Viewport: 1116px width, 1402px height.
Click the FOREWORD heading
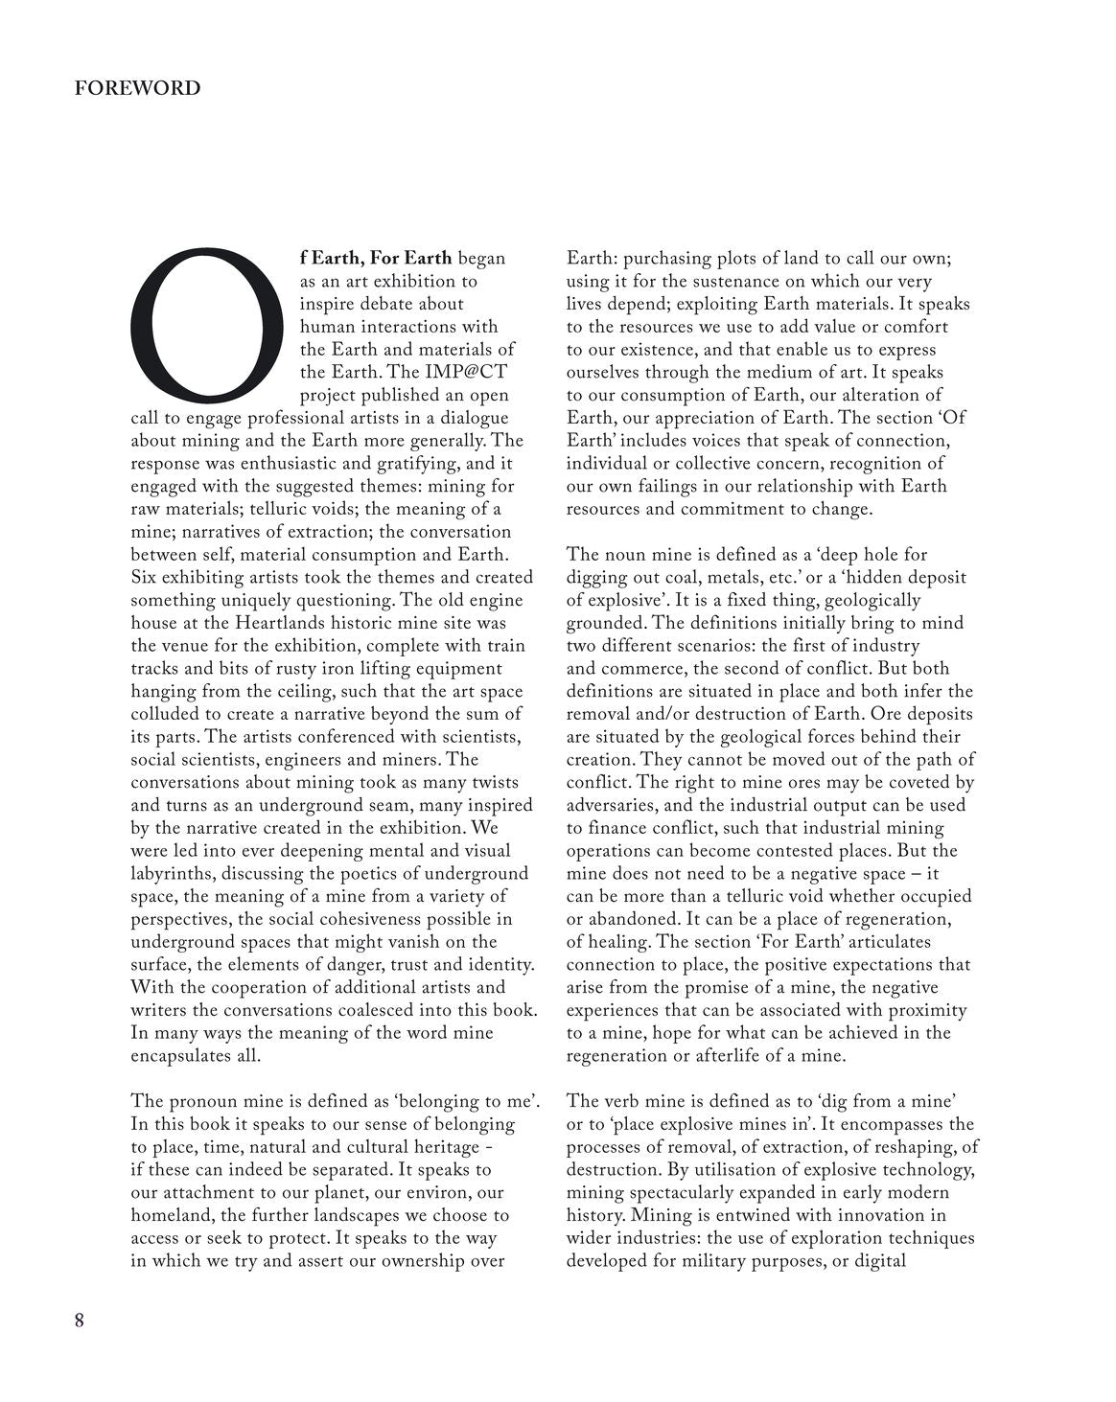(138, 88)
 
